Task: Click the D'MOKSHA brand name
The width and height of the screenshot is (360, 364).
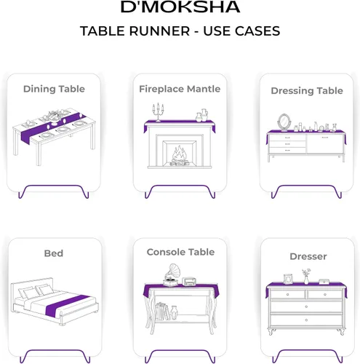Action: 180,7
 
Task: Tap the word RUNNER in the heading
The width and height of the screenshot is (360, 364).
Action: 159,31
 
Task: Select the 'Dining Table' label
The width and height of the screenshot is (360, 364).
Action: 54,89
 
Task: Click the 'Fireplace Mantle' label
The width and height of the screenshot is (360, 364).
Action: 180,89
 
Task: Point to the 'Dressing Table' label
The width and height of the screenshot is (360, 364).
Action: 307,91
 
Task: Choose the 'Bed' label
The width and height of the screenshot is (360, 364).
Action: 54,253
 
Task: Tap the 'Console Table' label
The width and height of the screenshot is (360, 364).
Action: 180,252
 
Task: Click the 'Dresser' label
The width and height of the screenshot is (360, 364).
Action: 308,256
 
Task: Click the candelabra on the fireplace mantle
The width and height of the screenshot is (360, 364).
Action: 158,112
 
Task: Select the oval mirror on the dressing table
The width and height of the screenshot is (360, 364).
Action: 284,122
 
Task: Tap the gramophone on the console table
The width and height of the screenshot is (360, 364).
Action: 172,275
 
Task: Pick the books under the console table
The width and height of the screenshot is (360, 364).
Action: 161,311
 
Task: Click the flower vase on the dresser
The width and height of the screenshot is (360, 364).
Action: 306,277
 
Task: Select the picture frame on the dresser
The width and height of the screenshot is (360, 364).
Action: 288,279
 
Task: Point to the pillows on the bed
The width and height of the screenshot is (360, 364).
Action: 36,291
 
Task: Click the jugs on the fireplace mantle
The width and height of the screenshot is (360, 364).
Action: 202,115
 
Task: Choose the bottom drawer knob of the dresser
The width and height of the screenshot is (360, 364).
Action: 306,320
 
